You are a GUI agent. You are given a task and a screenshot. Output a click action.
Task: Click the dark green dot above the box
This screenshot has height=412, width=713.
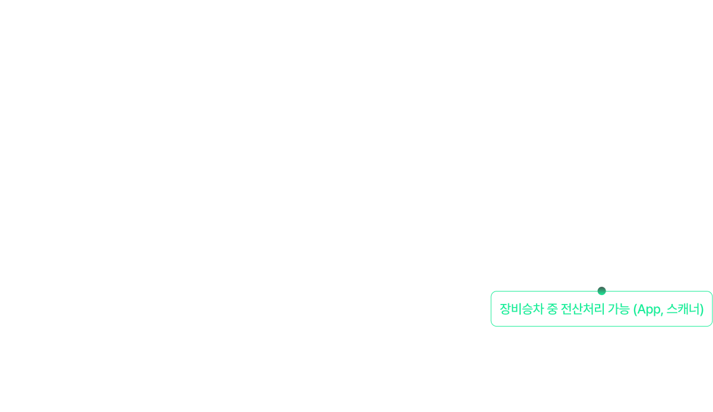601,291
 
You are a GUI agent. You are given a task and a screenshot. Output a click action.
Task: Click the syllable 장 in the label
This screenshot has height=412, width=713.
505,309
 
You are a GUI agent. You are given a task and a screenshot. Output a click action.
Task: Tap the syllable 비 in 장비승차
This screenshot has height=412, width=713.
516,309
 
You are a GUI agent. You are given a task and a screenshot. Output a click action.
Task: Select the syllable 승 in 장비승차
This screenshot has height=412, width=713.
527,309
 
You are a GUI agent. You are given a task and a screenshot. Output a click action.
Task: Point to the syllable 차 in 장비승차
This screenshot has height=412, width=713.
538,309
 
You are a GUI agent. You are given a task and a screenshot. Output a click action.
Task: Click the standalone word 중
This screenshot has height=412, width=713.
552,309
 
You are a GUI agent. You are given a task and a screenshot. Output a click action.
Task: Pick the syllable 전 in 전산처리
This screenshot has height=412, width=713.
566,309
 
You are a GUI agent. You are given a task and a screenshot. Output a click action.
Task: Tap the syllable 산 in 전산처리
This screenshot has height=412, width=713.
577,309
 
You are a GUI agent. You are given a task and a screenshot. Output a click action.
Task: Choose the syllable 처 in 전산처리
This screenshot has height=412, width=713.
588,309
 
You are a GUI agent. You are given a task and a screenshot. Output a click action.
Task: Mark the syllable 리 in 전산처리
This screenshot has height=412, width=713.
599,309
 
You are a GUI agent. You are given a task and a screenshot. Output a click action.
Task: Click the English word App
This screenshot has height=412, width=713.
648,309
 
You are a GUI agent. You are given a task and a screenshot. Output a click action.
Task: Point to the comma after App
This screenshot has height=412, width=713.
662,314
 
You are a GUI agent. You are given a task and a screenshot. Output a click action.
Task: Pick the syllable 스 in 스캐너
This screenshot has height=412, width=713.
672,309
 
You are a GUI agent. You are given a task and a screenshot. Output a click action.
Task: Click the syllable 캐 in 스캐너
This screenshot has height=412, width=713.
683,309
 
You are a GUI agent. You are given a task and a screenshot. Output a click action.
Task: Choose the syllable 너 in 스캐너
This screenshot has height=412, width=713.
694,309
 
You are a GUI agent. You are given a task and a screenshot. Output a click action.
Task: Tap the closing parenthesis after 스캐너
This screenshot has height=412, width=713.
702,309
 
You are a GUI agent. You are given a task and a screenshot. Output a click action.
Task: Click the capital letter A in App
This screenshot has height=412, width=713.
641,309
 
